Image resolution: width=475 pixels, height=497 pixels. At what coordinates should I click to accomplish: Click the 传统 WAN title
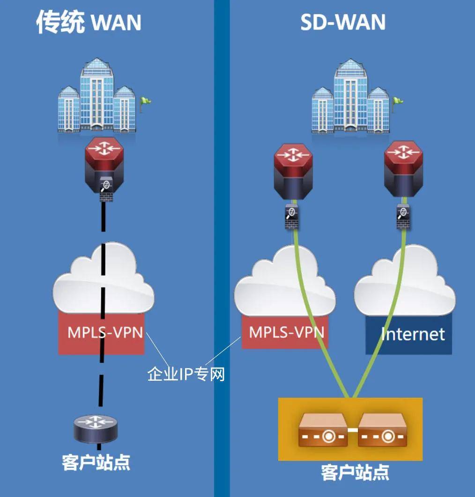[x=89, y=23]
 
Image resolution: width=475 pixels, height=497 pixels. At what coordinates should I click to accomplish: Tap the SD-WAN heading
[x=343, y=23]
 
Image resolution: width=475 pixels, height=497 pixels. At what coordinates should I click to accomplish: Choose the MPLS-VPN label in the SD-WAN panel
[x=286, y=332]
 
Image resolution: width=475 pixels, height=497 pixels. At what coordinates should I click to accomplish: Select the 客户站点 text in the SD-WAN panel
[x=355, y=472]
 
